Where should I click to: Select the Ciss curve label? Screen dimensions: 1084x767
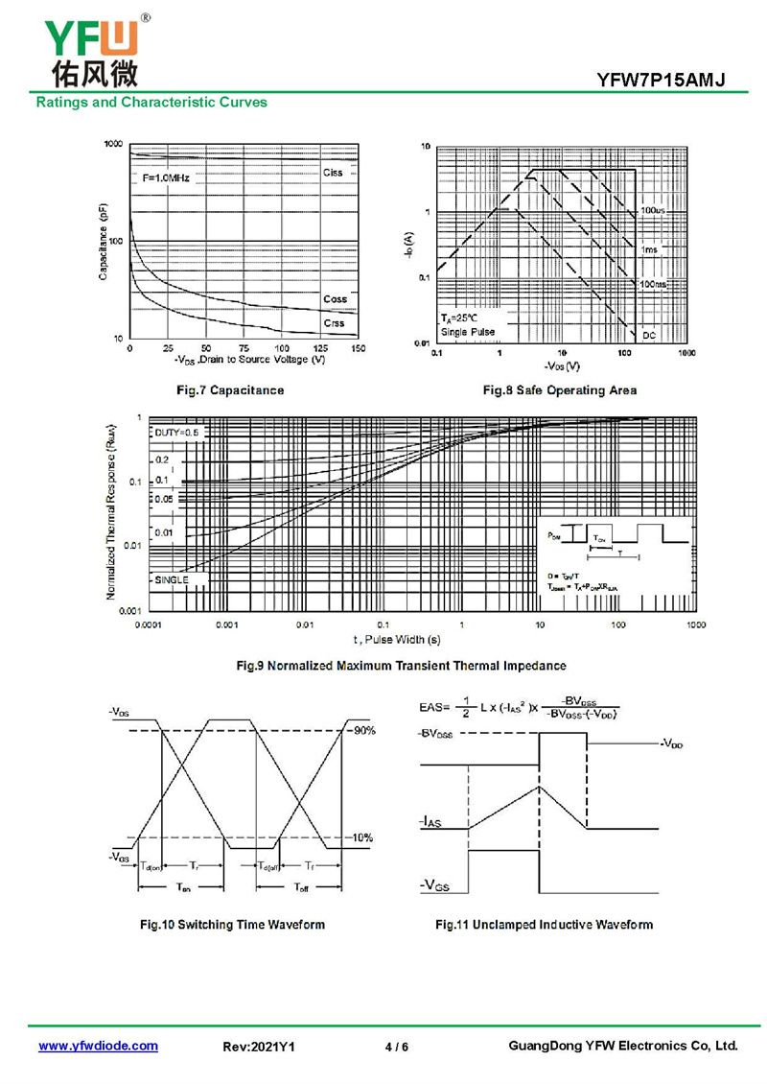click(x=333, y=173)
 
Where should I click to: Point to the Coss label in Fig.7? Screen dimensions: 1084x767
click(x=335, y=299)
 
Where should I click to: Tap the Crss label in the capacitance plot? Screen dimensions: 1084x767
click(x=334, y=323)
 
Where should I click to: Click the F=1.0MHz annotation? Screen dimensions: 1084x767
click(x=167, y=178)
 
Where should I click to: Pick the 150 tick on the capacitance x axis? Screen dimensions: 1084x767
click(x=358, y=348)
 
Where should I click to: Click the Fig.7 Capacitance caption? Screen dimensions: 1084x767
click(x=229, y=390)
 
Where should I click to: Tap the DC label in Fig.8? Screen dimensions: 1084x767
click(x=649, y=335)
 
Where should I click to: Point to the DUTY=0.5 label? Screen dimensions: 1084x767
click(x=176, y=433)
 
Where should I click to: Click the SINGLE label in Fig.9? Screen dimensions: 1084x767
click(x=171, y=579)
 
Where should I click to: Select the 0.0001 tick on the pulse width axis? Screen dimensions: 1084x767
click(x=147, y=624)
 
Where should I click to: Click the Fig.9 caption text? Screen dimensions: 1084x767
click(x=401, y=665)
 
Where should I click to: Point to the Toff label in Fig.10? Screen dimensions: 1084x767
click(x=301, y=886)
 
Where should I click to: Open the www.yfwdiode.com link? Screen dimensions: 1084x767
click(x=98, y=1046)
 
